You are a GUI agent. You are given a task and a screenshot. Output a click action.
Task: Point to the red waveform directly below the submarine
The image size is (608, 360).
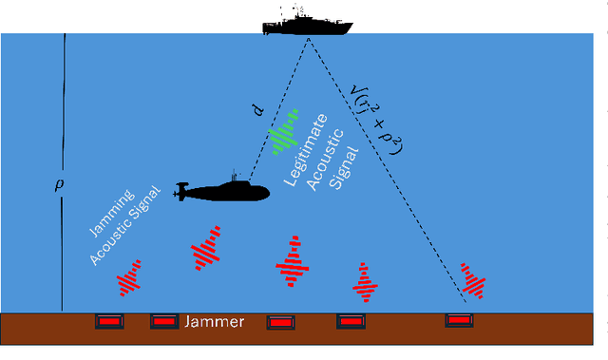205,249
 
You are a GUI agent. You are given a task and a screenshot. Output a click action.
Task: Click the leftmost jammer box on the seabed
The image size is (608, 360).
110,323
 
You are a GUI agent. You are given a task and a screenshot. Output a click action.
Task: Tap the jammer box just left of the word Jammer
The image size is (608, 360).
163,323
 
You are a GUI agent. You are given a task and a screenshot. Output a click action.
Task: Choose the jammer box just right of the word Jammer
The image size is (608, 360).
279,323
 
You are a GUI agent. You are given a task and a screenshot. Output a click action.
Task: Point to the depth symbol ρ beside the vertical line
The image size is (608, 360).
55,186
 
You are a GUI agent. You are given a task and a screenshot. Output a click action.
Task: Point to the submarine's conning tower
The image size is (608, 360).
234,178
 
